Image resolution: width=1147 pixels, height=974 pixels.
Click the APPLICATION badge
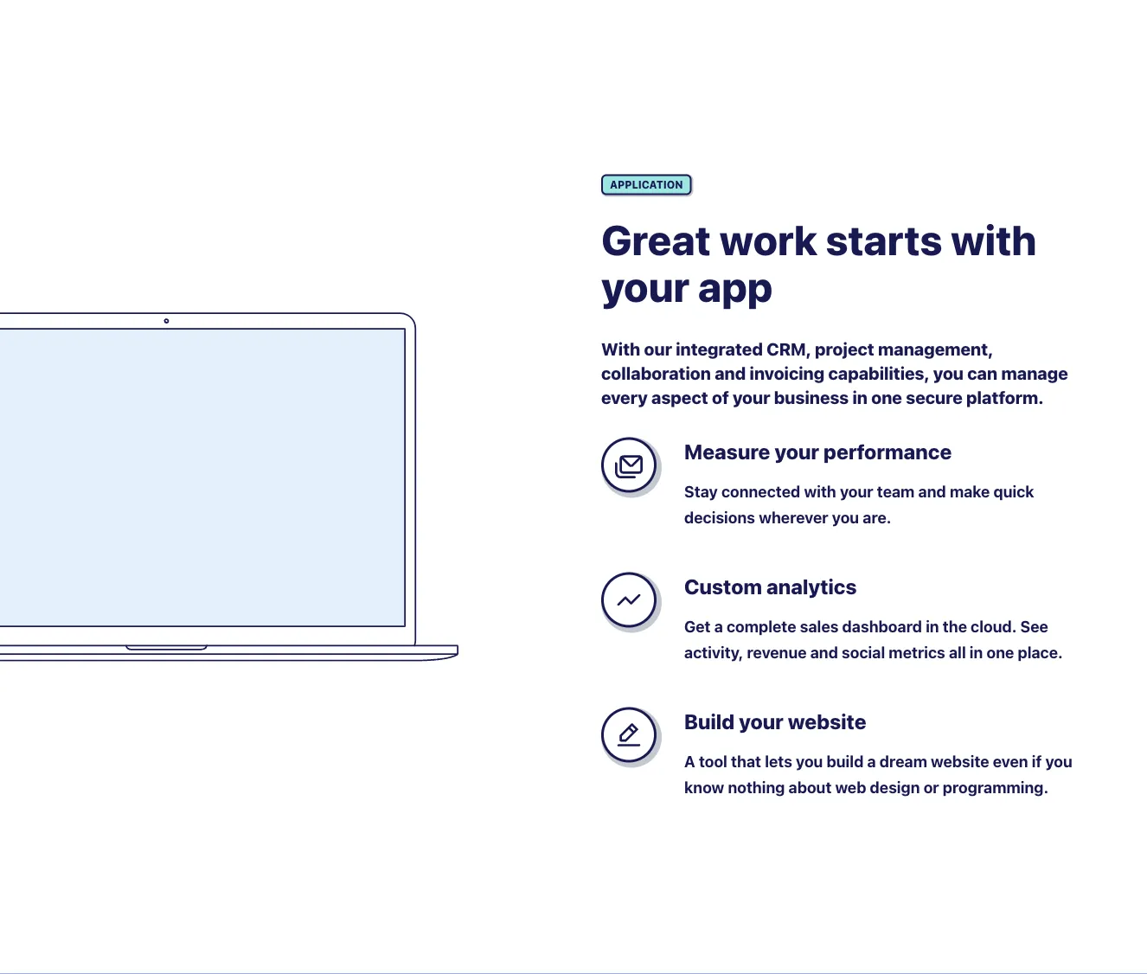coord(646,185)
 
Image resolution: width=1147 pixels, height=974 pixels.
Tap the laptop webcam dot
coord(166,321)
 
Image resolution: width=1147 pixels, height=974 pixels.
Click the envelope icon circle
coord(629,465)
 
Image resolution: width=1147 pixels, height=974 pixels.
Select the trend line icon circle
coord(629,600)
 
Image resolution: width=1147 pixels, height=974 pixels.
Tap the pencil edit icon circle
coord(629,734)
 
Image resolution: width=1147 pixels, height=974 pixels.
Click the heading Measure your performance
coord(817,453)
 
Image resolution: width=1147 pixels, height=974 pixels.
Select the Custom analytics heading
coord(770,587)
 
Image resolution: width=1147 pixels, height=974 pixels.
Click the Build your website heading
coord(775,722)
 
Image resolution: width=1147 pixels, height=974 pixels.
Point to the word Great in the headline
coord(656,241)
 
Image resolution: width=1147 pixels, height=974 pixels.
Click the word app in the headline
coord(734,290)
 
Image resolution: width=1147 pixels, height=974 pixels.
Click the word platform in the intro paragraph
coord(1004,399)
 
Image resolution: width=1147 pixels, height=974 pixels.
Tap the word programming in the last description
coord(995,788)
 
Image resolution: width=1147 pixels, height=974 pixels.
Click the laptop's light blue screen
coord(202,477)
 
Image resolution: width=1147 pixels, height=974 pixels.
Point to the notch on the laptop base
coord(166,647)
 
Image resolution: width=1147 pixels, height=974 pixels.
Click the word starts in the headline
coord(883,241)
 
